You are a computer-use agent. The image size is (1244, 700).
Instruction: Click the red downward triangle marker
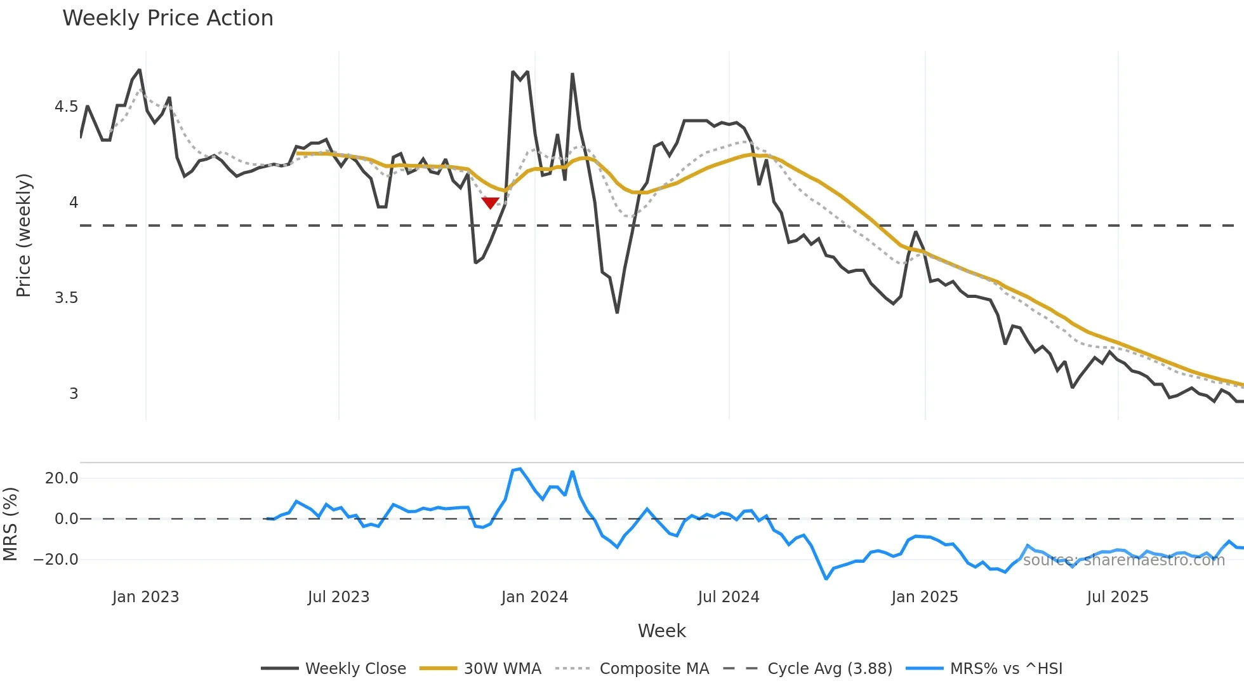(x=490, y=203)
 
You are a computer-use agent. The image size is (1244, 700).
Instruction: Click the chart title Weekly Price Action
(x=168, y=18)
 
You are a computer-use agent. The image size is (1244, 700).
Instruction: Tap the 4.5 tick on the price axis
(x=66, y=107)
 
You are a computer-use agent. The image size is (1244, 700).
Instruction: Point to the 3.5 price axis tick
(x=66, y=298)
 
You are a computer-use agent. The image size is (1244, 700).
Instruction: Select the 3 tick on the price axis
(x=74, y=394)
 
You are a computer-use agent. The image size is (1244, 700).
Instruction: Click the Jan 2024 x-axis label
(x=534, y=597)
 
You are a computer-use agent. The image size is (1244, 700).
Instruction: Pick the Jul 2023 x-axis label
(x=338, y=597)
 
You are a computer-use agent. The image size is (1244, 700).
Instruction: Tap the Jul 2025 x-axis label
(x=1117, y=597)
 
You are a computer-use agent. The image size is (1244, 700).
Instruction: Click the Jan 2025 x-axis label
(x=924, y=597)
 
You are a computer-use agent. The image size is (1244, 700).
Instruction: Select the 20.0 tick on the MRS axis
(x=62, y=478)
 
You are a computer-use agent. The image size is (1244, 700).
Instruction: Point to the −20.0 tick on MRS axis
(x=56, y=560)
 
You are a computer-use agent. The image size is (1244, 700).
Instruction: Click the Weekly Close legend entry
(x=355, y=669)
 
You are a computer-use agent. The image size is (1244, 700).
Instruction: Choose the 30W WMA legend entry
(x=502, y=669)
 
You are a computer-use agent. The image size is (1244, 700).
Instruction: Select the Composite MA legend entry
(x=654, y=669)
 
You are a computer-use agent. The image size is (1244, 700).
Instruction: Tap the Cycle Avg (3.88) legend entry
(x=830, y=669)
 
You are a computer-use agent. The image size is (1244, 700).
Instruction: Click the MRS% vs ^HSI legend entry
(x=1006, y=669)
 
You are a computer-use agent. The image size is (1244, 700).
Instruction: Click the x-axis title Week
(x=661, y=631)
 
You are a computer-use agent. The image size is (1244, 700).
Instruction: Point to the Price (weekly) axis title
(x=23, y=235)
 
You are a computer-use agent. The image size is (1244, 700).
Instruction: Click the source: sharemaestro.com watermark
(x=1123, y=560)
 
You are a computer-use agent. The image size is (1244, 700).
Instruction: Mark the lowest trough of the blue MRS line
(x=826, y=579)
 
